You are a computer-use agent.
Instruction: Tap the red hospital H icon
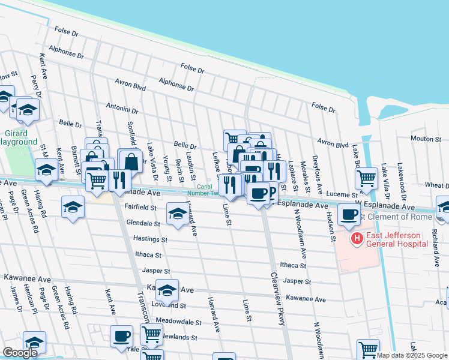[x=357, y=239]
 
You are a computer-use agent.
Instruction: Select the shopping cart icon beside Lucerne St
[x=367, y=178]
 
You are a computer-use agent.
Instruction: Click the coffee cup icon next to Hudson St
[x=349, y=214]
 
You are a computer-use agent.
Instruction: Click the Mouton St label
[x=426, y=139]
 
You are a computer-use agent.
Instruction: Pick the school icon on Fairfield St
[x=177, y=214]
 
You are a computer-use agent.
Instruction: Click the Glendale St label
[x=143, y=223]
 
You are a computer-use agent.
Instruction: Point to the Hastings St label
[x=150, y=239]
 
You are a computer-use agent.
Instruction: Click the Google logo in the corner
[x=20, y=353]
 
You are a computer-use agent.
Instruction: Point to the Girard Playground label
[x=18, y=137]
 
